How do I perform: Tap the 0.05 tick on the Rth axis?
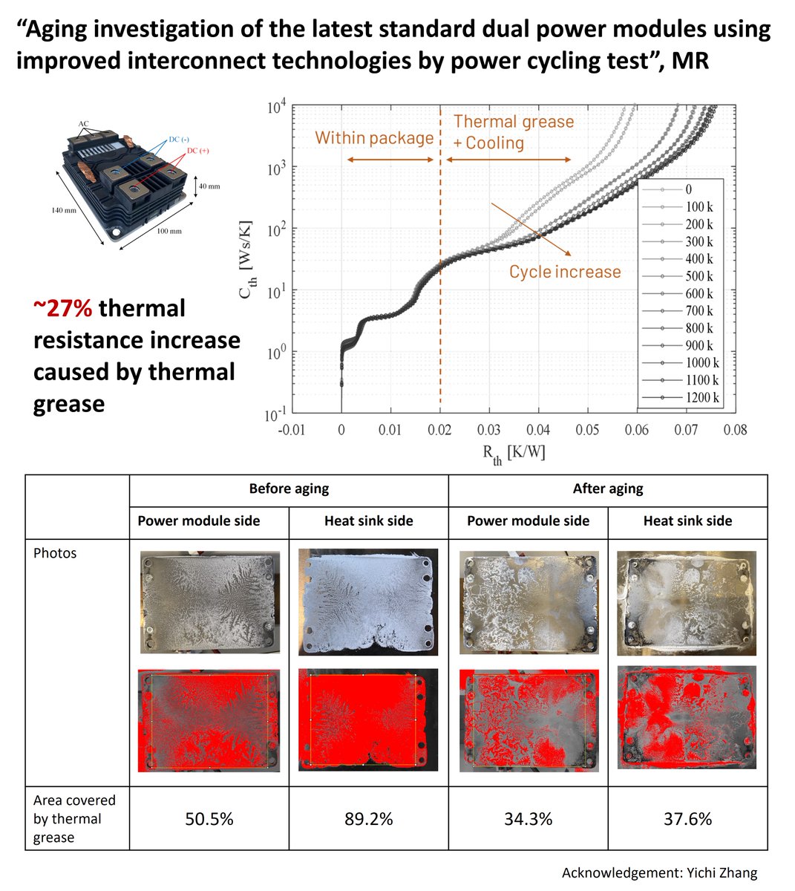click(588, 430)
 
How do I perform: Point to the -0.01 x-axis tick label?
click(291, 430)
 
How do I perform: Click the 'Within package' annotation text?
click(374, 138)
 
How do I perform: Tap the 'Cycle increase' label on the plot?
click(565, 272)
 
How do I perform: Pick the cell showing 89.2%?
click(368, 819)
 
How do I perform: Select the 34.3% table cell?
click(528, 819)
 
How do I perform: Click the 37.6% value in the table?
click(687, 819)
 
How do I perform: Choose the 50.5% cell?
click(209, 819)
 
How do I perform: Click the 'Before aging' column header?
click(289, 489)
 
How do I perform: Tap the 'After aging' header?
click(608, 489)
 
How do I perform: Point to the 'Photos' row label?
click(55, 553)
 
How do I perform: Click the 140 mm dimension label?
click(64, 211)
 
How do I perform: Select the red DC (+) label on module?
click(197, 151)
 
